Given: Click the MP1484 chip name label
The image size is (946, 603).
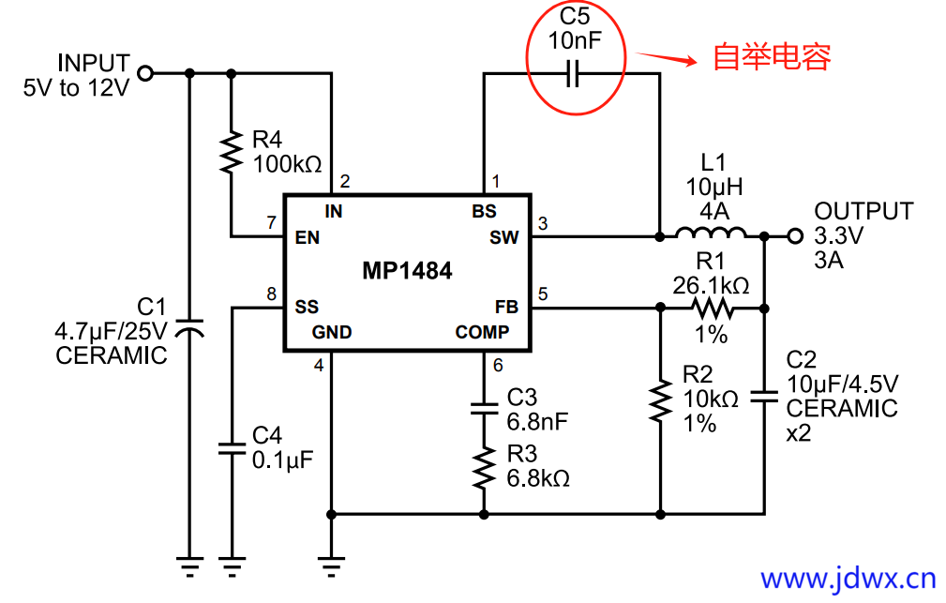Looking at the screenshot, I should (407, 272).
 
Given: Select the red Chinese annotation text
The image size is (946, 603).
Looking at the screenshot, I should (772, 57).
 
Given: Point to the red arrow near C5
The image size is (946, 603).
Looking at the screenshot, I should (668, 58).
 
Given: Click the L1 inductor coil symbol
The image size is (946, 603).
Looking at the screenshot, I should (711, 234).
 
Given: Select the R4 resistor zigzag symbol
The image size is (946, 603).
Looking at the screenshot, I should (230, 153).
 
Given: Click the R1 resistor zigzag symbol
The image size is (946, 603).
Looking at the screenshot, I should (713, 308).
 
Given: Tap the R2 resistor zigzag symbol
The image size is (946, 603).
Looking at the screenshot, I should (662, 400).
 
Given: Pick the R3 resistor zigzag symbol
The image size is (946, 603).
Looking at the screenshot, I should (484, 466).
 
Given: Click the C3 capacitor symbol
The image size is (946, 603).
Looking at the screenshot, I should (484, 408).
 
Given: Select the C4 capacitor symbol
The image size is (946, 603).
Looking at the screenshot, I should (231, 447).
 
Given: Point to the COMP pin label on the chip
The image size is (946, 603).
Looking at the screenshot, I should (482, 332).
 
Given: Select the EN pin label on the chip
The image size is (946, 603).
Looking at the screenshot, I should (308, 238).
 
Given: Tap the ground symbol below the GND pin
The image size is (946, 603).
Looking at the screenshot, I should (330, 565).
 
